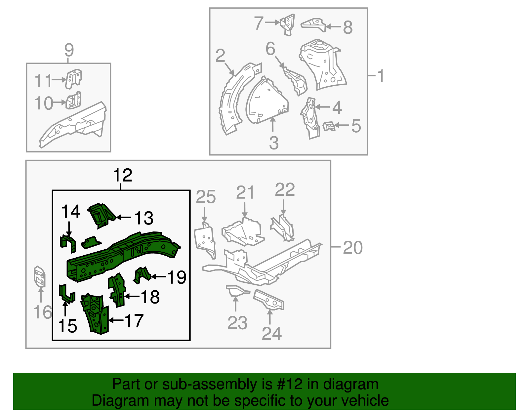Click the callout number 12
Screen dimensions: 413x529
pos(123,175)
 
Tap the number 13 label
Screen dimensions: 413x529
pos(144,218)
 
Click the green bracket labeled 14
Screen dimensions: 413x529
pos(68,242)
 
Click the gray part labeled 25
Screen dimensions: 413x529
pos(205,240)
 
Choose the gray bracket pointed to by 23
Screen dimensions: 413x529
pos(236,291)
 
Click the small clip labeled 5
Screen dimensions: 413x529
pos(329,126)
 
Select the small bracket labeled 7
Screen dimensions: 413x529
pos(288,24)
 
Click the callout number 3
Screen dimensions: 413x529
pos(274,143)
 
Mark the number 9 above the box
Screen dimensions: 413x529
pos(69,50)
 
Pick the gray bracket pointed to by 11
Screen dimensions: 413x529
pos(73,79)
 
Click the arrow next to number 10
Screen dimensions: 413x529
pos(60,103)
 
